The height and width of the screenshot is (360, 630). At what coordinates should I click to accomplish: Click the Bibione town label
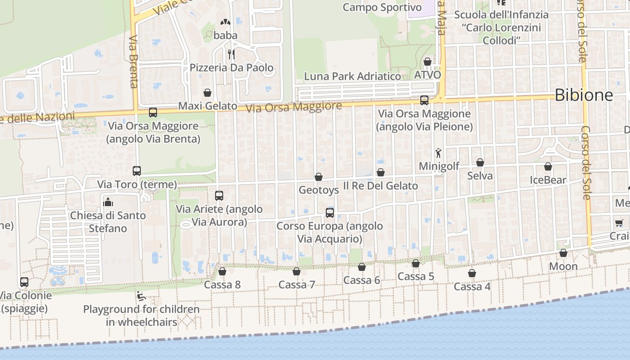point(584,95)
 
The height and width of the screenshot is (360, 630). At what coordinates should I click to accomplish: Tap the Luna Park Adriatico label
point(352,76)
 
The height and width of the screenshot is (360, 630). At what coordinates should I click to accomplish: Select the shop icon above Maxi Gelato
point(207,93)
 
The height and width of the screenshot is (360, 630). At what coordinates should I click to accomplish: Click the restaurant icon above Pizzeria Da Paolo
point(231,54)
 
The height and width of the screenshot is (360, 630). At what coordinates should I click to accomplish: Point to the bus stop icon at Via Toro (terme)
point(137,171)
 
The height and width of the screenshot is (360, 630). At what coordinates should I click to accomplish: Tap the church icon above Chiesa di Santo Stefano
point(108,202)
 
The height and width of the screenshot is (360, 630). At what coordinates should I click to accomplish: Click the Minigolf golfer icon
point(438,153)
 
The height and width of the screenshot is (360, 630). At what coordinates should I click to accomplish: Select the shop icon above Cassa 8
point(222,271)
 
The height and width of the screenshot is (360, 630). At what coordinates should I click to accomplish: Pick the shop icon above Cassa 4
point(472,273)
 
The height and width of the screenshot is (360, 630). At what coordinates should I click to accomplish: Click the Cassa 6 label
point(362,280)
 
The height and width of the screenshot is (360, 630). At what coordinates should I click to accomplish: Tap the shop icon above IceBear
point(548,167)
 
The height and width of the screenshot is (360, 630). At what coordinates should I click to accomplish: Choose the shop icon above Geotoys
point(319,177)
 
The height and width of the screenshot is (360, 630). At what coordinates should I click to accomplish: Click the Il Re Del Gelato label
point(381,185)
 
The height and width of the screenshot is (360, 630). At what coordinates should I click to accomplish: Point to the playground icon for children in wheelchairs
point(141,296)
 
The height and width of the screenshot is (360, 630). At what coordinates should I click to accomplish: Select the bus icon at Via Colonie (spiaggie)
point(24,282)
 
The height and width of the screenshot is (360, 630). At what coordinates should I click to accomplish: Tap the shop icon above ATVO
point(427,62)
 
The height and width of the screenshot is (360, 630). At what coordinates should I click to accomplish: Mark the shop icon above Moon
point(563,253)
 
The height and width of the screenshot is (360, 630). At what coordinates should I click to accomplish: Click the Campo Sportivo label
point(382,7)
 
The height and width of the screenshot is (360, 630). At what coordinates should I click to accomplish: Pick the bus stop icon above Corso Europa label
point(330,213)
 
